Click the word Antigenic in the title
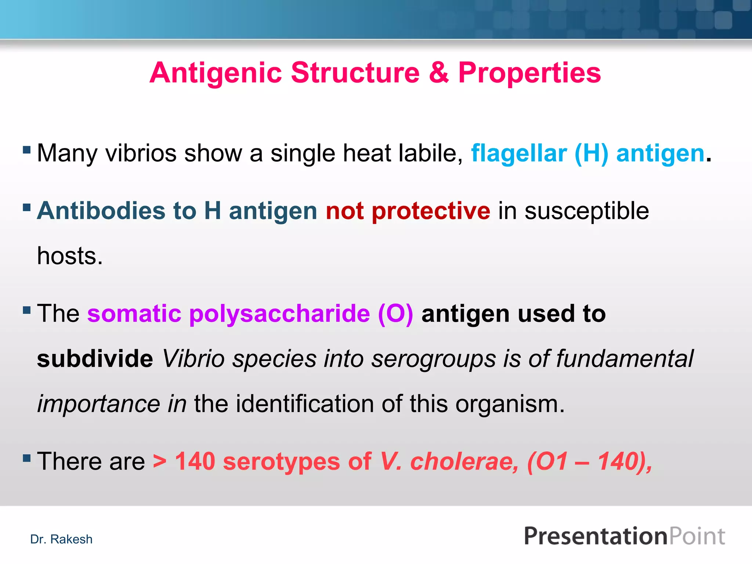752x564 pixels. coord(216,73)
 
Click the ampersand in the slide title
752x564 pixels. coord(438,73)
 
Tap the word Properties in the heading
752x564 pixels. coord(529,73)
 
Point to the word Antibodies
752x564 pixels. coord(101,211)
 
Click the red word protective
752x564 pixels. coord(431,211)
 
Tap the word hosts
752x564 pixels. coord(70,256)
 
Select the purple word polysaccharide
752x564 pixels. coord(279,314)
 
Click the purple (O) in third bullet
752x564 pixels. coord(395,314)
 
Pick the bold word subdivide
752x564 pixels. coord(95,359)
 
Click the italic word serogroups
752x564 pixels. coord(433,359)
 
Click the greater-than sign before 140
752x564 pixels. coord(160,462)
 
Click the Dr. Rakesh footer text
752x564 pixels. coord(61,539)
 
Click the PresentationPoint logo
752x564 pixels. coord(624,536)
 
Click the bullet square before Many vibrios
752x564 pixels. coord(26,150)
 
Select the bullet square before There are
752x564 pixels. coord(26,458)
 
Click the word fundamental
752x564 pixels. coord(624,359)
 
